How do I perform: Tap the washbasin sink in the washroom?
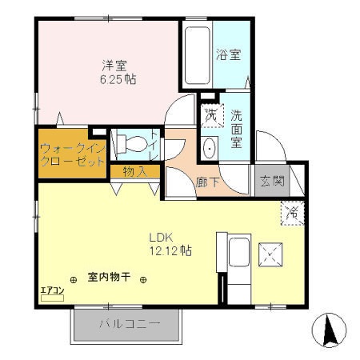(x=210, y=148)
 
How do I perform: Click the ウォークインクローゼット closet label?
(x=71, y=154)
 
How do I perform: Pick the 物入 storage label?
(x=134, y=170)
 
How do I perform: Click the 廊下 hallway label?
(x=207, y=182)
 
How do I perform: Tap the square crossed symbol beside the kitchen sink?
(x=274, y=254)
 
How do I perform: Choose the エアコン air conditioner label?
(x=50, y=291)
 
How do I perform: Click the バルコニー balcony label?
(x=130, y=325)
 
